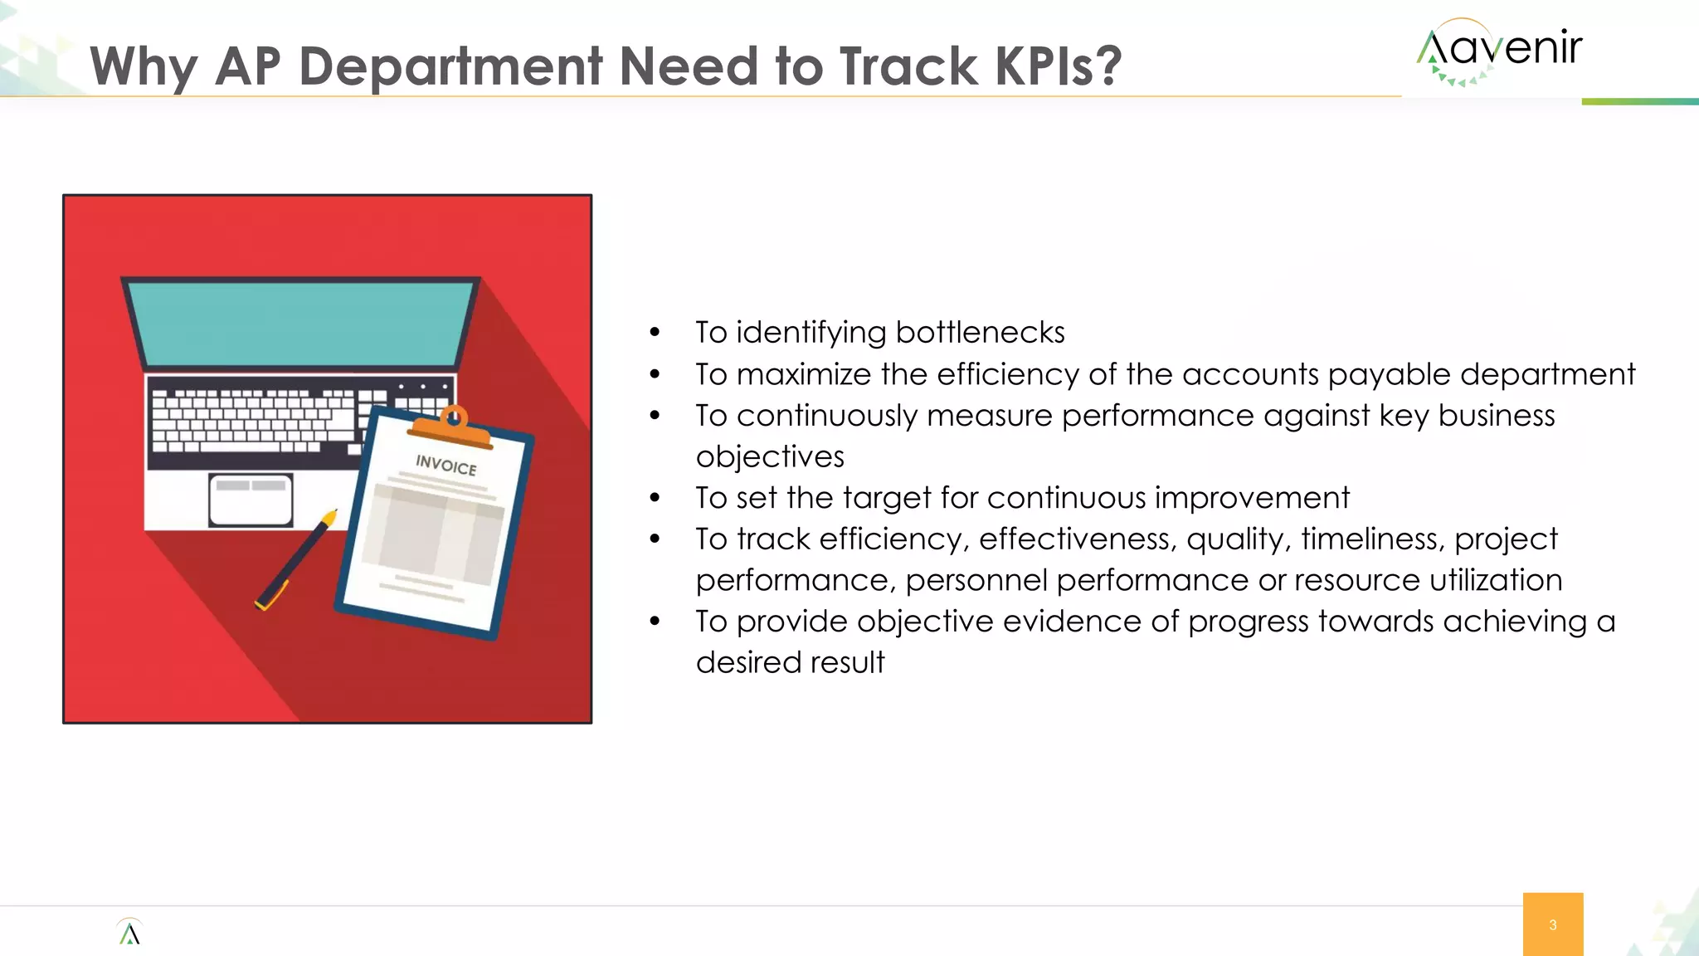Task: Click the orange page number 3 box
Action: (x=1552, y=924)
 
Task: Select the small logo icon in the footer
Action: (x=129, y=933)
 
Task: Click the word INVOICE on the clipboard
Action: (x=446, y=465)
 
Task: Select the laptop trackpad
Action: (x=251, y=500)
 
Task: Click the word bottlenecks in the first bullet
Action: (x=981, y=333)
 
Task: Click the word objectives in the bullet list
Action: (x=770, y=457)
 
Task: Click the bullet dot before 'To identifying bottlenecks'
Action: (x=655, y=334)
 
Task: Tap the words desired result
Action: (x=790, y=663)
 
